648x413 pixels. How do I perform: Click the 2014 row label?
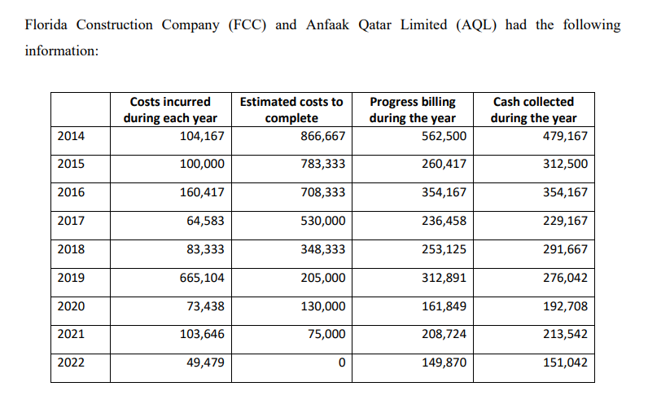72,136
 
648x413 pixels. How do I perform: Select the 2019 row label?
72,279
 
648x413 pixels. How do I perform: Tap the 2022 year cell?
72,362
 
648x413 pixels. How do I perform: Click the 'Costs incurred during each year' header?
170,110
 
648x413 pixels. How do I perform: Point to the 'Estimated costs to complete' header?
291,110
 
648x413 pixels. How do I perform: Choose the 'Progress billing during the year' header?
413,110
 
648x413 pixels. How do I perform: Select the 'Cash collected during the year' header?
533,110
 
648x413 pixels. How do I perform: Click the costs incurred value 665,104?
202,279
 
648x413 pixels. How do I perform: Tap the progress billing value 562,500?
444,136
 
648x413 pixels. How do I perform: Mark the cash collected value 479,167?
565,136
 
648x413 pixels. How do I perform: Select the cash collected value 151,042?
565,362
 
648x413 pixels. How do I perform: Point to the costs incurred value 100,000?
202,165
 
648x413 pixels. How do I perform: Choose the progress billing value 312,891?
444,279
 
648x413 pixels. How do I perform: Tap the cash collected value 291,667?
565,250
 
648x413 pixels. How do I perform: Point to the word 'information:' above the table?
61,51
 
